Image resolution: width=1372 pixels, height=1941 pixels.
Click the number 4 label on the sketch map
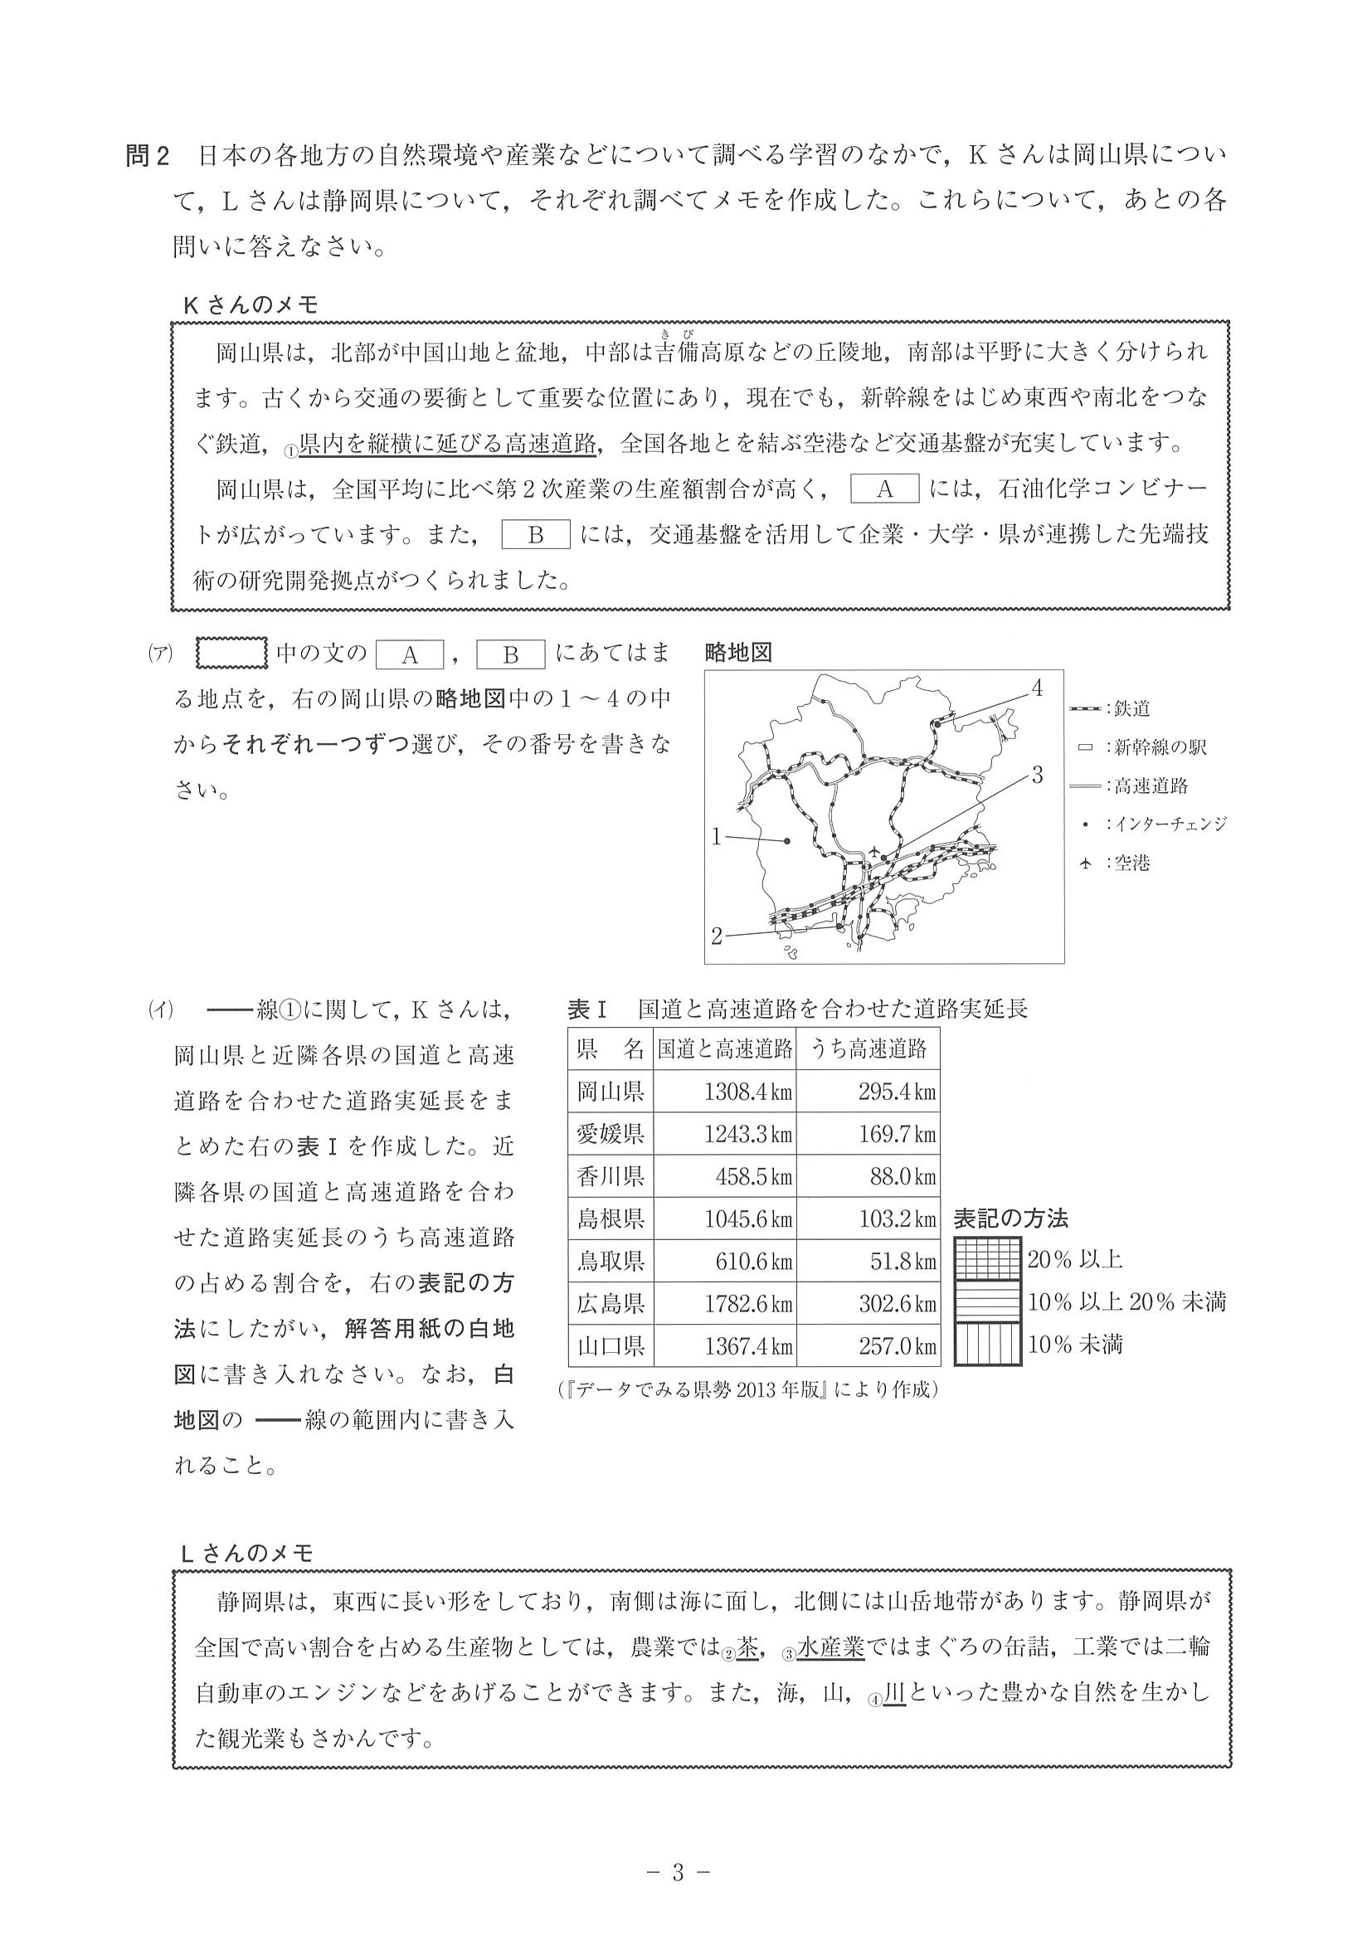[x=1037, y=688]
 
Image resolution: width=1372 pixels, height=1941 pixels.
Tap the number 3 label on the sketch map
[x=1037, y=774]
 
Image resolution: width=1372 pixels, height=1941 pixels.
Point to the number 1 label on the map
[x=716, y=837]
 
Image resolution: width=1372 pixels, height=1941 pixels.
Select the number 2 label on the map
[x=716, y=936]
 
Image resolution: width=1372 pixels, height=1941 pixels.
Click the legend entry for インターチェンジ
[x=1154, y=825]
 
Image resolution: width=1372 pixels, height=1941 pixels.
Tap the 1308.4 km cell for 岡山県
[x=724, y=1092]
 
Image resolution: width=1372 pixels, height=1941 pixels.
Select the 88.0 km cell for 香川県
[x=868, y=1177]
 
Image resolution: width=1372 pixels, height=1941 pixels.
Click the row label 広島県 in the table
[x=611, y=1304]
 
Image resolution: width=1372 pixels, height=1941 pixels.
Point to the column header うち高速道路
[x=868, y=1049]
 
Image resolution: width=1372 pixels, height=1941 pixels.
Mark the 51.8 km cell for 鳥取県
[x=868, y=1262]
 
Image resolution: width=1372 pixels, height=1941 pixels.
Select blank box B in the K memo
[x=536, y=535]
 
